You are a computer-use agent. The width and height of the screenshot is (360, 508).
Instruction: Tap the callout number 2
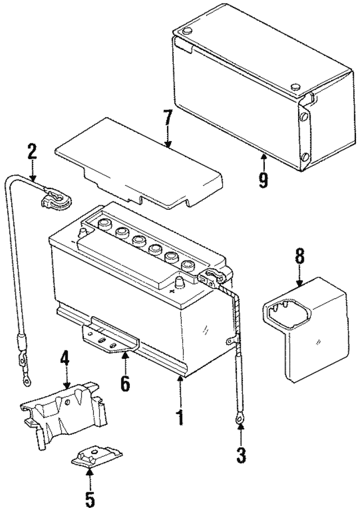pyautogui.click(x=32, y=151)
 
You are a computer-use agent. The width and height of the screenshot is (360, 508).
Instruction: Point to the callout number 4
pyautogui.click(x=66, y=358)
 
